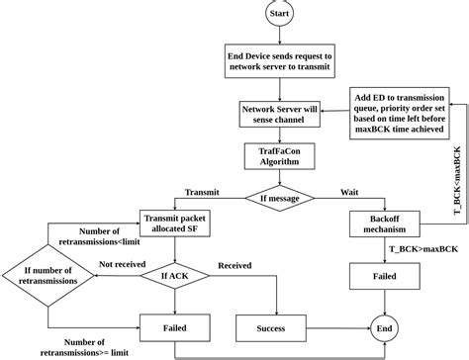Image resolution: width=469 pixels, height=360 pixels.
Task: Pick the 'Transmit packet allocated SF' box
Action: (174, 225)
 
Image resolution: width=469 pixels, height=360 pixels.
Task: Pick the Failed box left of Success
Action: (175, 327)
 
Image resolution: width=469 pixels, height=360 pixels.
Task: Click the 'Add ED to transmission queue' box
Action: (398, 113)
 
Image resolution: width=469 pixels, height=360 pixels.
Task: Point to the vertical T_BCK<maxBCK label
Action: (456, 183)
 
